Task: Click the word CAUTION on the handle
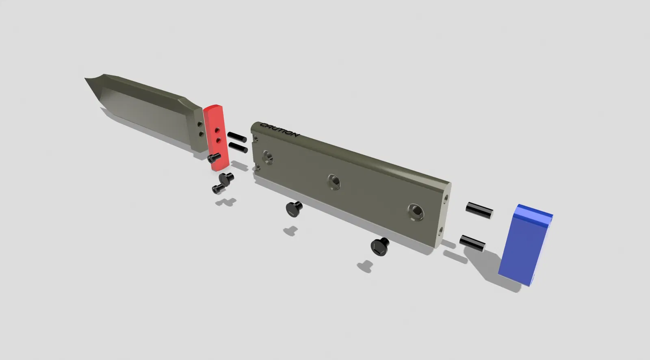279,130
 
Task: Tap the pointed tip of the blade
85,78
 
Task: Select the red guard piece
216,137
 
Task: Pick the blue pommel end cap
525,245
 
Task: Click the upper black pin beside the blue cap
479,210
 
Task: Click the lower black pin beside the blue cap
472,243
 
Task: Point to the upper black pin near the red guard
237,137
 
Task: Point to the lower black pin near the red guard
238,147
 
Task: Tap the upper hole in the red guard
217,130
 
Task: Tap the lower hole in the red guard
219,141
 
